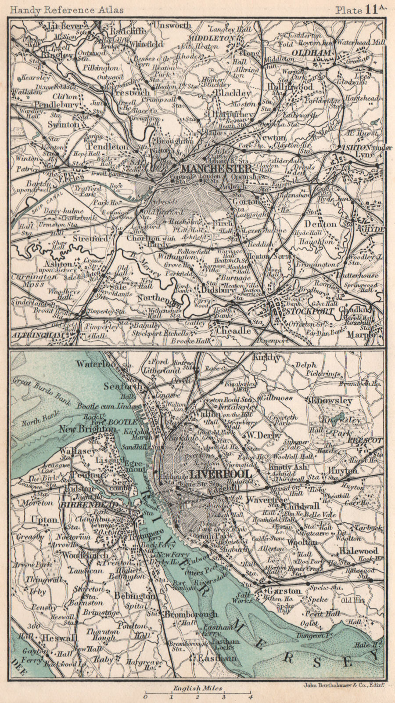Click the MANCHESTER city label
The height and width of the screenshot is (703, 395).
[x=216, y=169]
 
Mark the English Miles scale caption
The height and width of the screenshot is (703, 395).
[x=197, y=688]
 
